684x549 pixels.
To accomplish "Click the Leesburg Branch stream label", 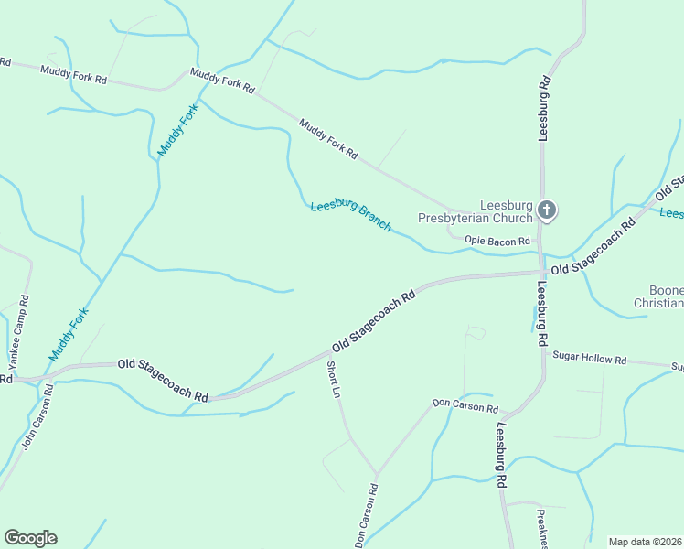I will pos(350,215).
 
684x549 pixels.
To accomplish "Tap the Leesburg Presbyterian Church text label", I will pos(475,211).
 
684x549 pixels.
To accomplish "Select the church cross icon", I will pos(547,211).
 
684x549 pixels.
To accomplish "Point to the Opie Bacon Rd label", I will pos(497,242).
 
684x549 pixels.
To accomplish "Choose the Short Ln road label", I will pos(335,379).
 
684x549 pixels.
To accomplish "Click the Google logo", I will pos(30,537).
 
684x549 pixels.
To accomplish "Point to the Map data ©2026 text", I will pos(645,542).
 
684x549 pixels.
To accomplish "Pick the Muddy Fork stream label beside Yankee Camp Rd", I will pos(69,335).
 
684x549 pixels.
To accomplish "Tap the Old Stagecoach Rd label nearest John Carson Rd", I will pos(163,379).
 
